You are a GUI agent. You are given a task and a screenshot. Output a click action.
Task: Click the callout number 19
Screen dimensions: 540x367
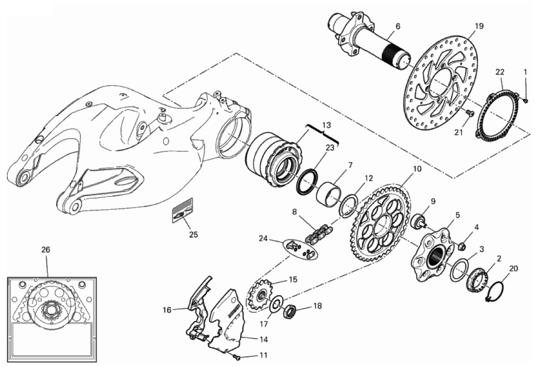(479, 26)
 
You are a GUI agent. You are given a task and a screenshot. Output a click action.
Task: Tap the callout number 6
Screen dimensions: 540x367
(398, 26)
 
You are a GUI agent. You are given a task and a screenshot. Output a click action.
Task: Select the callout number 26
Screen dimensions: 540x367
(46, 249)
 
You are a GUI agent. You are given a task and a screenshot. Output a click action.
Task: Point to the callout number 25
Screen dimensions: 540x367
(194, 235)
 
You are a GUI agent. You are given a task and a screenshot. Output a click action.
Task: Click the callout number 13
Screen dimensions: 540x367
(327, 124)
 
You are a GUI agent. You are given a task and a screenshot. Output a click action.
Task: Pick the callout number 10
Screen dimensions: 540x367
(417, 169)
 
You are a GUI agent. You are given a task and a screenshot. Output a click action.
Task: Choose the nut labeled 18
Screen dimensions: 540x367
(290, 311)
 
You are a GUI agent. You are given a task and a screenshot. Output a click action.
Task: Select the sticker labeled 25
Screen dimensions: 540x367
(183, 210)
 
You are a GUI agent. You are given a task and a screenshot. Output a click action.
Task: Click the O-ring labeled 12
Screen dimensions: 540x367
(348, 206)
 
